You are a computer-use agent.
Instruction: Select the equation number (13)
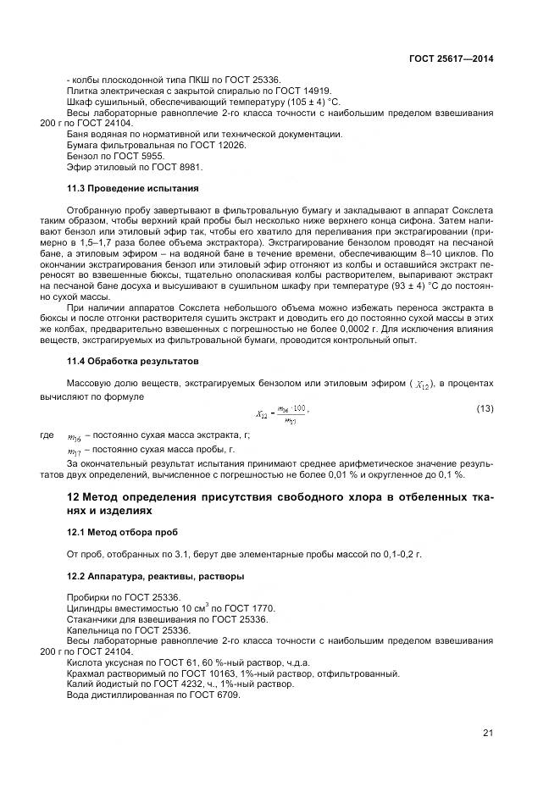485,409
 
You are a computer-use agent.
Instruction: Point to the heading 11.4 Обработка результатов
133,362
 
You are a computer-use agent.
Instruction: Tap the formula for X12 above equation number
283,413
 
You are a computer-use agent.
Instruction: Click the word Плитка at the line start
81,90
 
